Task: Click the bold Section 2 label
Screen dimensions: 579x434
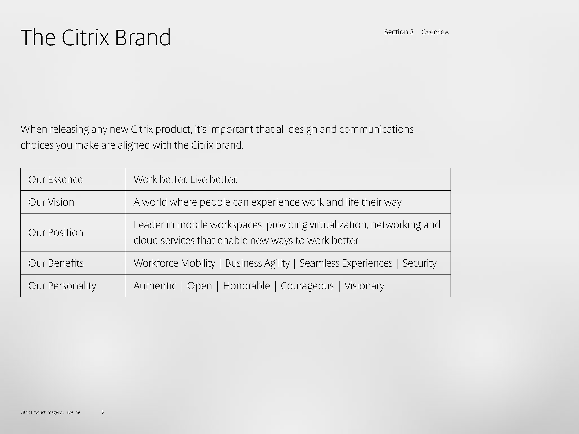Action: click(x=399, y=32)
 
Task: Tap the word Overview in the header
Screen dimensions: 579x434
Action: click(x=435, y=32)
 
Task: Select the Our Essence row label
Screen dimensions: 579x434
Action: click(x=55, y=179)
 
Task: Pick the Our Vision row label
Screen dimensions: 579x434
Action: click(x=51, y=202)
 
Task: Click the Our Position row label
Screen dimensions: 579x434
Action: click(x=56, y=233)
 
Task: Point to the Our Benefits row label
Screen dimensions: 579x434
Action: click(x=56, y=263)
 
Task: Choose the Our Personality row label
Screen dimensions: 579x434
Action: click(x=62, y=286)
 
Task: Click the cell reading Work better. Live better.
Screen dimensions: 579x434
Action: click(x=186, y=179)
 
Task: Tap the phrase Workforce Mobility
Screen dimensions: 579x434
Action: click(x=174, y=263)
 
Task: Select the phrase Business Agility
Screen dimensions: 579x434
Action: click(x=257, y=263)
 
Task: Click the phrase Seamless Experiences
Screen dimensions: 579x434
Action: click(x=346, y=263)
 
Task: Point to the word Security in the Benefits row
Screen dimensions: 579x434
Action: click(x=420, y=263)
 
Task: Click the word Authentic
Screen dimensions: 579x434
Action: click(x=155, y=286)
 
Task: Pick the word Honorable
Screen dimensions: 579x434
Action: click(x=246, y=286)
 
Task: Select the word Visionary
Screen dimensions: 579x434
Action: click(x=364, y=286)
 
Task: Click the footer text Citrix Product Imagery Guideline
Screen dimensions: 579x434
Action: click(x=50, y=412)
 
